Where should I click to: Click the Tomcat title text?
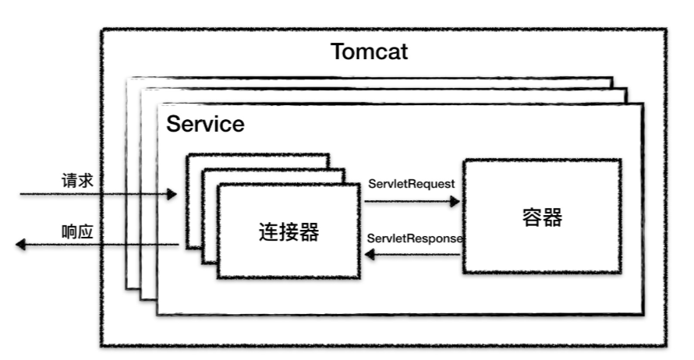pyautogui.click(x=369, y=52)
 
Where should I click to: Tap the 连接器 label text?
pyautogui.click(x=288, y=231)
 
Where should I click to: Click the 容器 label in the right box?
pyautogui.click(x=542, y=217)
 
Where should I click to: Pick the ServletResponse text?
pyautogui.click(x=415, y=238)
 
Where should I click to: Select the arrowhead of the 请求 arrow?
pyautogui.click(x=172, y=193)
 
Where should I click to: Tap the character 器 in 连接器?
pyautogui.click(x=309, y=231)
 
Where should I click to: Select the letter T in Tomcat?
pyautogui.click(x=338, y=52)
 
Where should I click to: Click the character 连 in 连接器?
pyautogui.click(x=267, y=231)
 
